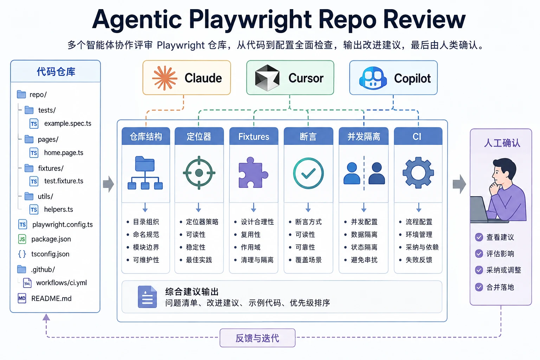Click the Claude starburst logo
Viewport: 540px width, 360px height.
coord(165,78)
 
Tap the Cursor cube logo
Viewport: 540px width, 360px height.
coord(267,78)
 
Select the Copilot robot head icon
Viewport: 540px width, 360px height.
coord(373,78)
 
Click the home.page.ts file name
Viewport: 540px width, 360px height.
coord(64,153)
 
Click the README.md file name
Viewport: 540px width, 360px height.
coord(51,298)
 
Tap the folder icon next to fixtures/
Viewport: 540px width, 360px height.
coord(29,168)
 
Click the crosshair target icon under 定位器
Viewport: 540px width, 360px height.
coord(199,173)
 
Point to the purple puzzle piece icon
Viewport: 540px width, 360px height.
coord(253,173)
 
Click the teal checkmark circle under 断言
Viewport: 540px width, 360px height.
coord(308,173)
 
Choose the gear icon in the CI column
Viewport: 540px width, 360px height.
coord(418,173)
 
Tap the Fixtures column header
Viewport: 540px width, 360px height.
coord(253,136)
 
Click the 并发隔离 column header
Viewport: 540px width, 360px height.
coord(364,136)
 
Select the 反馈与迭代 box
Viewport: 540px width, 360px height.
coord(257,338)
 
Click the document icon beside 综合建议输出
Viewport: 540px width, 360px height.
coord(147,297)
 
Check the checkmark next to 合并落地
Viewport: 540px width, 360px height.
coord(479,287)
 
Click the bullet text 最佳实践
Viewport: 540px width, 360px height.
coord(199,260)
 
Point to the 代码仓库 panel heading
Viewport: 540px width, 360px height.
coord(56,72)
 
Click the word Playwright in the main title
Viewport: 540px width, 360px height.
coord(250,20)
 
